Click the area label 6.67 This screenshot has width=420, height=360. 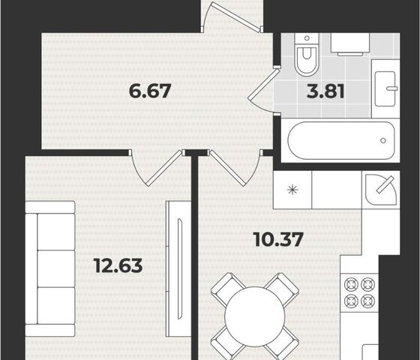coord(150,91)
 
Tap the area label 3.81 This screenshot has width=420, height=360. coord(325,91)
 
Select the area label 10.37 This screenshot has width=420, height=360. coord(279,239)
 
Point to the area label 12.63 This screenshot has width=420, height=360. coord(118,265)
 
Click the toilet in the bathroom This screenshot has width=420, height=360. coord(307,54)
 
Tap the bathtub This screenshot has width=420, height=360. coord(341,141)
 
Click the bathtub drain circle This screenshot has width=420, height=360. coord(383,141)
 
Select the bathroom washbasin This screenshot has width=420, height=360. coord(385,89)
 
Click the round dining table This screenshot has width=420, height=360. coord(255,316)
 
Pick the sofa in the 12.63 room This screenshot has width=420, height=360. coord(50,268)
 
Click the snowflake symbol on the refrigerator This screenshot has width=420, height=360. coord(292,190)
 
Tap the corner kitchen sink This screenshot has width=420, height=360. coord(381,190)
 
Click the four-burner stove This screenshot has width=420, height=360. coord(359,293)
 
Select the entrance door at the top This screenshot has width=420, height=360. coord(232,16)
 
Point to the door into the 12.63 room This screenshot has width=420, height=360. coord(157,168)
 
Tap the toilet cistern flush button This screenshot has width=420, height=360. coord(307,38)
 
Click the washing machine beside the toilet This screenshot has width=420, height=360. coord(350,44)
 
